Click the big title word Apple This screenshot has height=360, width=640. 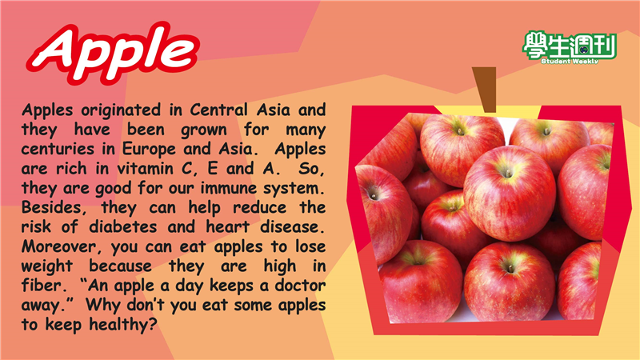pyautogui.click(x=113, y=52)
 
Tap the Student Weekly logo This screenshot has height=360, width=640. pyautogui.click(x=570, y=48)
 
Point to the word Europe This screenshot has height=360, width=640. pyautogui.click(x=149, y=150)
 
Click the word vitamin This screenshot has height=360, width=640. pyautogui.click(x=146, y=168)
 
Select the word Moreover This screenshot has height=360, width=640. pyautogui.click(x=62, y=246)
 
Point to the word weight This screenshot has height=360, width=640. pyautogui.click(x=47, y=267)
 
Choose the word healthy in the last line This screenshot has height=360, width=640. pyautogui.click(x=123, y=325)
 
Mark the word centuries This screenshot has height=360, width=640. pyautogui.click(x=58, y=149)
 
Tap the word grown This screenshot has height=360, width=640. pyautogui.click(x=204, y=130)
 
